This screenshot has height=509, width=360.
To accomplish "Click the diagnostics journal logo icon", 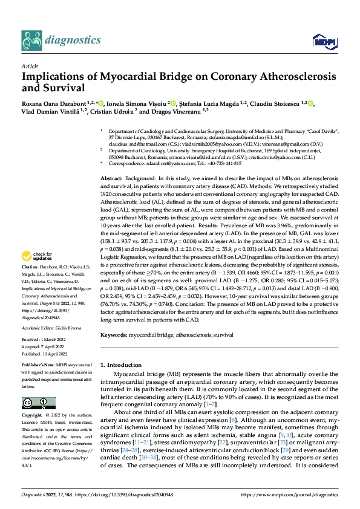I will click(x=31, y=40).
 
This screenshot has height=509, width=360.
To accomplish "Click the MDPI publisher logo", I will click(x=322, y=41).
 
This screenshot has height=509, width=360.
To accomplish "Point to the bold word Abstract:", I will click(x=111, y=180).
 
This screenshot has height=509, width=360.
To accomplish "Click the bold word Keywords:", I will click(x=114, y=334).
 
